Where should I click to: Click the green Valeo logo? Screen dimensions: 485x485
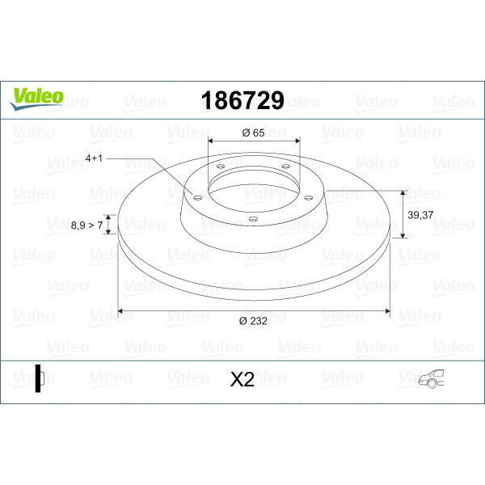(36, 99)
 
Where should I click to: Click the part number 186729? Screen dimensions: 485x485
(242, 100)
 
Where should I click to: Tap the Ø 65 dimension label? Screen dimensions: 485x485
(253, 133)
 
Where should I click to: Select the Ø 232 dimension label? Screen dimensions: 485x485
(253, 321)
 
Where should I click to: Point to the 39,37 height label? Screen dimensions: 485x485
(420, 215)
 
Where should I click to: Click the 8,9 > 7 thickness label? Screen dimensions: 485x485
(87, 226)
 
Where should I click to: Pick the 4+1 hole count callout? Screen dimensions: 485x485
(94, 158)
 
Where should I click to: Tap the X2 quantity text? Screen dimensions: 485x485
(242, 379)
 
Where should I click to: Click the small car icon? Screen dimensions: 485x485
(431, 378)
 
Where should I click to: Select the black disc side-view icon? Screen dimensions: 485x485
(40, 378)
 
